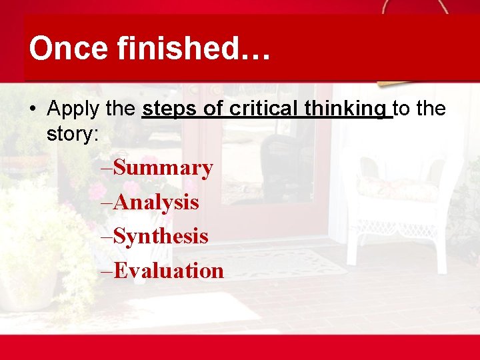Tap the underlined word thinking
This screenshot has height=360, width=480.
(349, 109)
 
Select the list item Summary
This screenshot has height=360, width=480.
(163, 168)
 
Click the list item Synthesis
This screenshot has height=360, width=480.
(161, 236)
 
